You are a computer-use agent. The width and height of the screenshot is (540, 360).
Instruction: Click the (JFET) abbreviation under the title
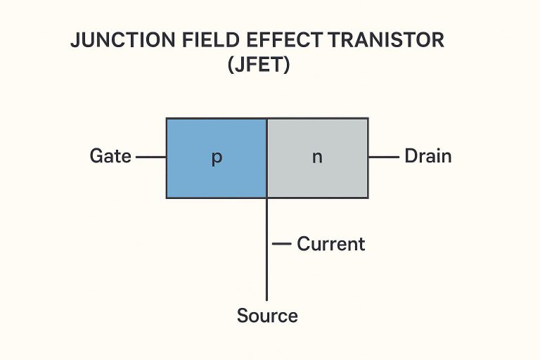tap(258, 67)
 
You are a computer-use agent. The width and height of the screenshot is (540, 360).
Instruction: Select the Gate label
tap(110, 156)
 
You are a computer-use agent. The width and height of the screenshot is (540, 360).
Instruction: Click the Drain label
tap(427, 156)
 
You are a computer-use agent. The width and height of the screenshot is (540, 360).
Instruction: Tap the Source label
tap(267, 316)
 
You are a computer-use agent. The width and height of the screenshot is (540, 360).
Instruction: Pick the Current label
tap(330, 244)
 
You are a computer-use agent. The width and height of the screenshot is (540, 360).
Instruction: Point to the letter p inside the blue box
tap(217, 157)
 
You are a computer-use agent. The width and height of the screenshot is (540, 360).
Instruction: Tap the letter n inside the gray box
tap(317, 157)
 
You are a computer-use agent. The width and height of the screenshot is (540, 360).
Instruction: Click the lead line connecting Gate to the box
tap(150, 157)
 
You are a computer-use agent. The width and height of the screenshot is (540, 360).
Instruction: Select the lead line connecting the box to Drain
tap(383, 157)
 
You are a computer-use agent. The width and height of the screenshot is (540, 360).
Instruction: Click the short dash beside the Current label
tap(281, 244)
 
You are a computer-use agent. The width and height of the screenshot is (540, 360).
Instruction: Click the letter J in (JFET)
tap(239, 67)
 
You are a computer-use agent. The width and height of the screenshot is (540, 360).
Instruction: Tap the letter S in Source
tap(243, 316)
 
